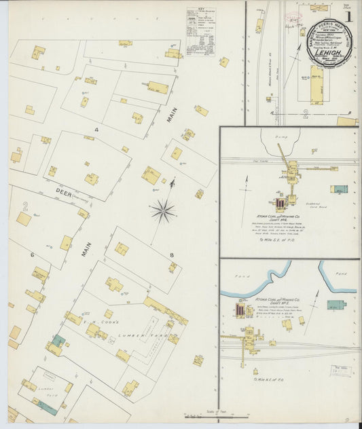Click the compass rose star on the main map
coord(163,211)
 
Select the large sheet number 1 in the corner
coord(348,15)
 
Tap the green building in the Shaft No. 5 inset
coord(336,305)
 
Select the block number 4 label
coord(96,128)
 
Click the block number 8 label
coord(172,255)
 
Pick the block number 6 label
coord(31,255)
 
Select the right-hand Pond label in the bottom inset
coord(342,274)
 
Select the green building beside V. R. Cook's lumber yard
coord(59,340)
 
